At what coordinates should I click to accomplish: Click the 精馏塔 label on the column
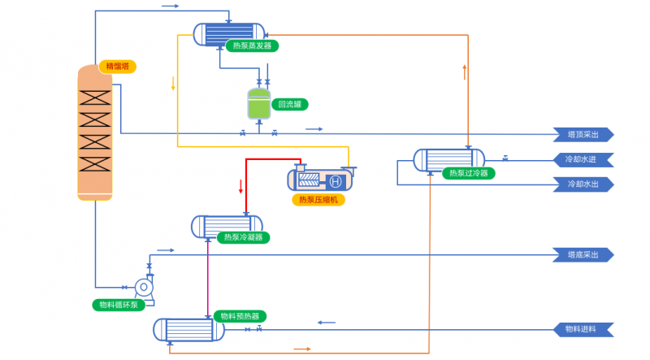pos(118,66)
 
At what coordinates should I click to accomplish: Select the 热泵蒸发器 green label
pos(253,46)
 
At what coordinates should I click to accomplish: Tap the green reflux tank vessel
pos(258,103)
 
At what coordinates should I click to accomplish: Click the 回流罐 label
pos(290,104)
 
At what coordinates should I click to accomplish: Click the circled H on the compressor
pos(335,180)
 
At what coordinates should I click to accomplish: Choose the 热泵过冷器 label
pos(470,172)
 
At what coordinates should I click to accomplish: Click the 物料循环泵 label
pos(119,305)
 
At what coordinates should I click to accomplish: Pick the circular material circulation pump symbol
pos(143,287)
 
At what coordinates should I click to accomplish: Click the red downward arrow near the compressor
pos(240,185)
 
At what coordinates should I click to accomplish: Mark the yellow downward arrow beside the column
pos(173,84)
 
